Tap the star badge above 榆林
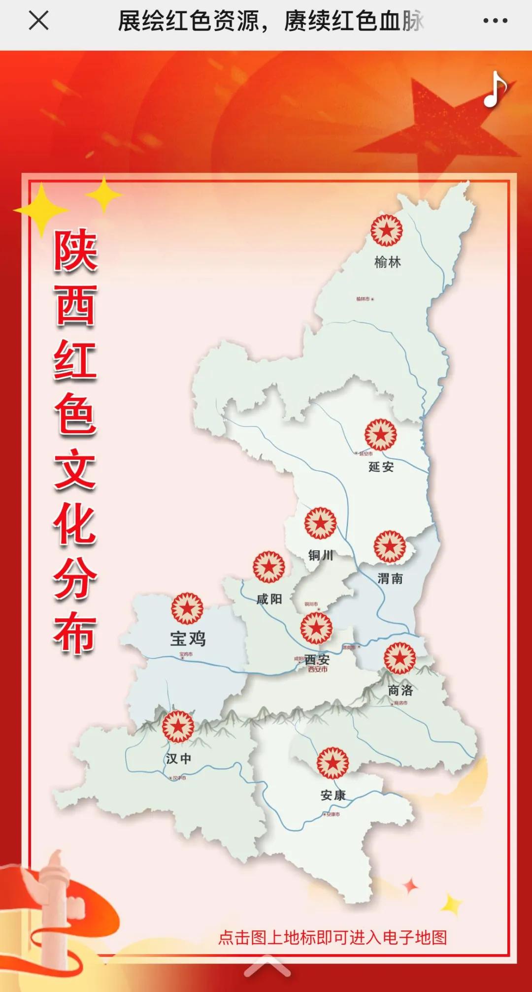387,230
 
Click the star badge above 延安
381,435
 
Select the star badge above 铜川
320,523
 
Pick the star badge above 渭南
390,546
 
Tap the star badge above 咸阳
269,567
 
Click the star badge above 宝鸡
187,608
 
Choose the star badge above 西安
316,628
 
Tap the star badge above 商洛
400,658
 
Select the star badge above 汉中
178,727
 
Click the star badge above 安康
333,763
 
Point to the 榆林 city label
388,262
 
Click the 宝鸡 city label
188,639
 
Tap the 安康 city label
333,795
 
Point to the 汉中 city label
178,759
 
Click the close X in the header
38,21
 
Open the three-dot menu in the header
495,21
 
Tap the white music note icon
495,90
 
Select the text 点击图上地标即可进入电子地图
332,937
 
